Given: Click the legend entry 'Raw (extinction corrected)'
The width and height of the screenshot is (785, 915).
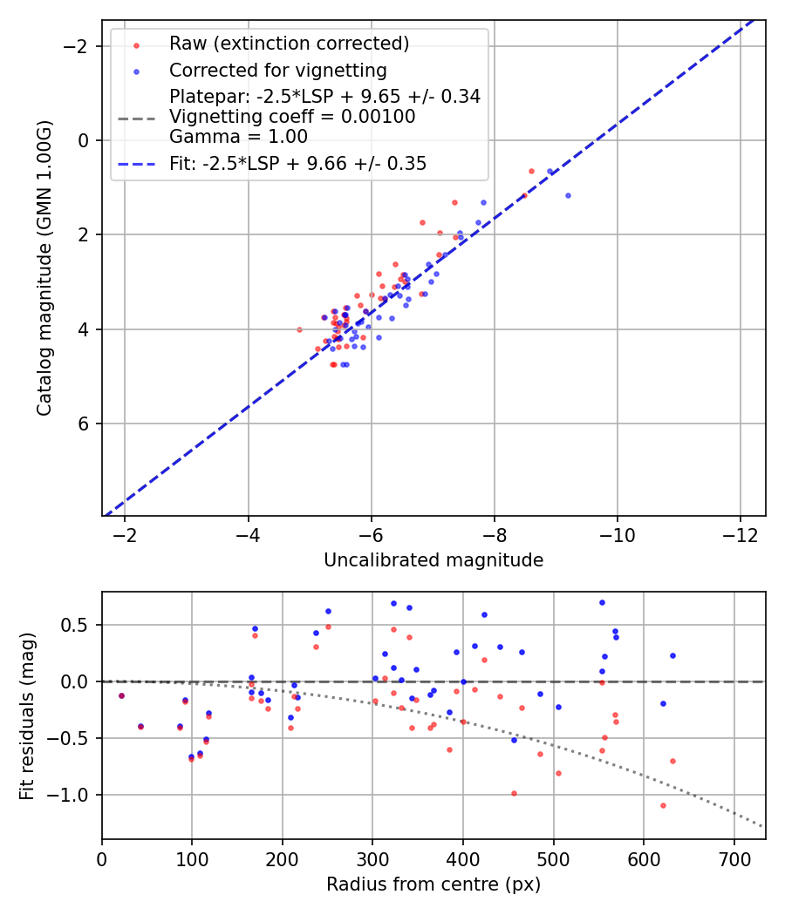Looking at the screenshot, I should (x=289, y=44).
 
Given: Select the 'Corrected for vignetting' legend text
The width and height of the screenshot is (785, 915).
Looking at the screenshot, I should (x=277, y=70).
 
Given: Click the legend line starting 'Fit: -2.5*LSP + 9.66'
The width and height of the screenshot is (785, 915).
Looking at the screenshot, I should (x=297, y=164).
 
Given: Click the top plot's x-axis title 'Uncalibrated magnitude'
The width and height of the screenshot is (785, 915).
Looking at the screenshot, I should (x=433, y=560).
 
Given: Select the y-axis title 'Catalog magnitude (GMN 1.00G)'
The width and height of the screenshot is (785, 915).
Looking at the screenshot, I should (x=44, y=268).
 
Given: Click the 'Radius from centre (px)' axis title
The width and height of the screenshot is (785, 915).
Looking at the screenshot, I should (x=433, y=884).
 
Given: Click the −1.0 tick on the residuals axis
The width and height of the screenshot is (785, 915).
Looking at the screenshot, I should (x=75, y=795).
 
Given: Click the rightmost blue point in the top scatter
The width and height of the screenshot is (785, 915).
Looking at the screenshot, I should (x=568, y=195).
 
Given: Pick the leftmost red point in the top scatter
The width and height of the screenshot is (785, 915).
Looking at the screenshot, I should (x=299, y=329).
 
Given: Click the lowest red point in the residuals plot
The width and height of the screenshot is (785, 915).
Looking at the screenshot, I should (x=663, y=805).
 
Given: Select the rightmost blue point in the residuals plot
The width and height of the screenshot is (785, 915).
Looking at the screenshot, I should (x=672, y=655).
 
